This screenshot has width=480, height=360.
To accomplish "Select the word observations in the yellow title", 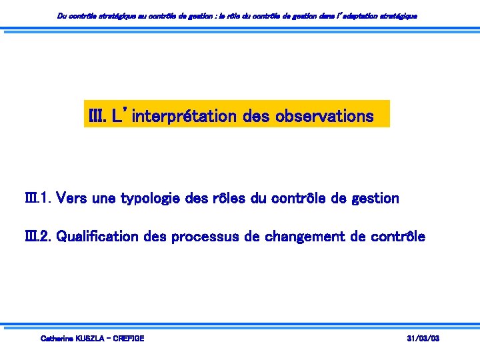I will (x=330, y=117).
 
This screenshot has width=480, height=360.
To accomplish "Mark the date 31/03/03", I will (x=423, y=339).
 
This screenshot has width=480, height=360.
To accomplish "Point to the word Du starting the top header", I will (x=62, y=15).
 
